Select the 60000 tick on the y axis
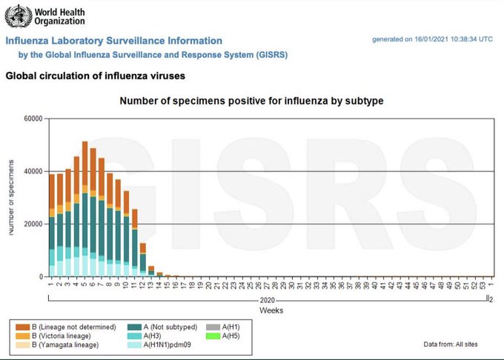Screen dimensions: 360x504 pyautogui.click(x=32, y=119)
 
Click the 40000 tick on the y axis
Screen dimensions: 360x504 pyautogui.click(x=32, y=172)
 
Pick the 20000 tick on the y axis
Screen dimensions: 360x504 pyautogui.click(x=32, y=224)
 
